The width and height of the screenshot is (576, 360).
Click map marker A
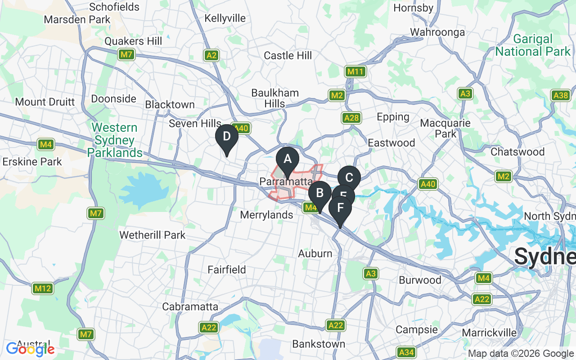(x=287, y=160)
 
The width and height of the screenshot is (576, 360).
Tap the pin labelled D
(x=227, y=137)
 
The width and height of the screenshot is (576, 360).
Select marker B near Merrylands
(x=320, y=194)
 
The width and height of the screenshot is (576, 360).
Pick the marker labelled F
(x=340, y=208)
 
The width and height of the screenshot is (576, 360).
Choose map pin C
(x=349, y=178)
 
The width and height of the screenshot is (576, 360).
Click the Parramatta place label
(x=286, y=182)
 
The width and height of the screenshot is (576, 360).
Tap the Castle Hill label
(x=288, y=56)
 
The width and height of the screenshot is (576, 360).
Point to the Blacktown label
(x=170, y=104)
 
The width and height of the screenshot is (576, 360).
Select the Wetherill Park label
(x=152, y=235)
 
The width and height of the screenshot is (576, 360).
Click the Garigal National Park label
(x=533, y=45)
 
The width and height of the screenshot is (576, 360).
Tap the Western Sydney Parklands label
(x=115, y=140)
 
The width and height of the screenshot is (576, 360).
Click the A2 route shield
(x=211, y=55)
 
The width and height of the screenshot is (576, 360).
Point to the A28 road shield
(x=351, y=118)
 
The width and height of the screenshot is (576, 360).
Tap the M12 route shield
(x=43, y=288)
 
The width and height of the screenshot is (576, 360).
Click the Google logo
(x=30, y=349)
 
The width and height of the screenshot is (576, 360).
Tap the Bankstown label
(x=319, y=344)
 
